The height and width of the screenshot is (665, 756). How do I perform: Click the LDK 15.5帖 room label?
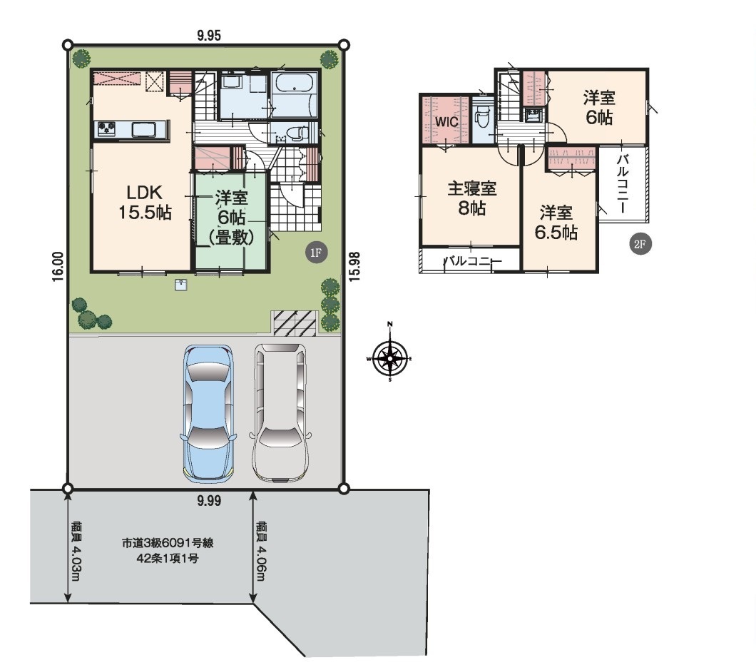(145, 203)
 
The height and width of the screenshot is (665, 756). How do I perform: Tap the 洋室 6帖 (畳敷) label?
(231, 218)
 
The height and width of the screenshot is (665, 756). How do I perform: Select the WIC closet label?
(446, 121)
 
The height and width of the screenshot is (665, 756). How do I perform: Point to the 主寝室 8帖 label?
(471, 198)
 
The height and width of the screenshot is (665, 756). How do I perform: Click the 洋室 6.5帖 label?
(556, 223)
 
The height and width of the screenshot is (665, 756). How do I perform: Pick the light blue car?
(208, 414)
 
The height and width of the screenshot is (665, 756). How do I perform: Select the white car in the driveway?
(280, 413)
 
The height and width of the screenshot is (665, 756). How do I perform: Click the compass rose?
(389, 358)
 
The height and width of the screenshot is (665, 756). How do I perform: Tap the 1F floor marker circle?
(316, 253)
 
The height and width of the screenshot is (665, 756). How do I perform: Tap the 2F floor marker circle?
(640, 244)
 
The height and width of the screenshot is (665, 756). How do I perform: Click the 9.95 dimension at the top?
(209, 36)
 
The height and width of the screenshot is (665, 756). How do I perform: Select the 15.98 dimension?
(355, 266)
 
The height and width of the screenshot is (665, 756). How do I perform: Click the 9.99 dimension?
(209, 501)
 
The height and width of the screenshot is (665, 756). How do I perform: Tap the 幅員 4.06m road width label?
(262, 551)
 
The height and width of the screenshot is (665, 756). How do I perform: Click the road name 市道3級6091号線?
(168, 543)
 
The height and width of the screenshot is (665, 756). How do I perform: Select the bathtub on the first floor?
(295, 87)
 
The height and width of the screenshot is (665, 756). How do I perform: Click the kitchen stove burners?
(106, 128)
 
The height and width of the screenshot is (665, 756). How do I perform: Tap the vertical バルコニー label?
(622, 183)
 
